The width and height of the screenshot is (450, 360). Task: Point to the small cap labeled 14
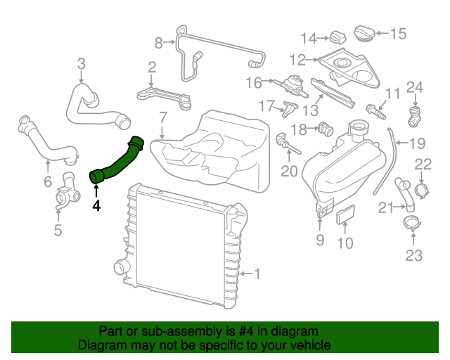tap(339, 37)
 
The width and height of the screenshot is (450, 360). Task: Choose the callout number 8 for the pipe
tap(158, 44)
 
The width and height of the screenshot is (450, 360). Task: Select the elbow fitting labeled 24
tap(415, 112)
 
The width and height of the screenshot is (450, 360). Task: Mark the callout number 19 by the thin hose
tap(417, 144)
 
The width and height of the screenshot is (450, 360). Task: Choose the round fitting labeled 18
tap(325, 129)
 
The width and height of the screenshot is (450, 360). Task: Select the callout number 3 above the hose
tap(81, 65)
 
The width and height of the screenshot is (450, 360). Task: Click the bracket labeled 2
tap(166, 96)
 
